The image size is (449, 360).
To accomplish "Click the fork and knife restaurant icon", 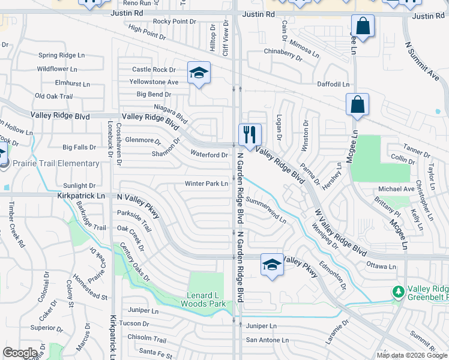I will [250, 134].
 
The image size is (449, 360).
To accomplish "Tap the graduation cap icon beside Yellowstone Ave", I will [199, 73].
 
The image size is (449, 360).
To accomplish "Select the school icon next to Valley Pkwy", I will [272, 265].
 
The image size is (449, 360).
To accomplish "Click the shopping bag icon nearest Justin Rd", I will [363, 26].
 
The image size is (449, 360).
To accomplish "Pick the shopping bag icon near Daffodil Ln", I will [357, 104].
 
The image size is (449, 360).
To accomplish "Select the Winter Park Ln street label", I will [206, 184].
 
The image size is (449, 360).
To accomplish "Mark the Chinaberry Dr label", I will [283, 54].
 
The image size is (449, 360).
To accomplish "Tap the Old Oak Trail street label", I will [53, 96].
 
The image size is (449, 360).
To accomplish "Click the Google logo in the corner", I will [20, 353].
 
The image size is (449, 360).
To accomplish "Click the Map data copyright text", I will [412, 355].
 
